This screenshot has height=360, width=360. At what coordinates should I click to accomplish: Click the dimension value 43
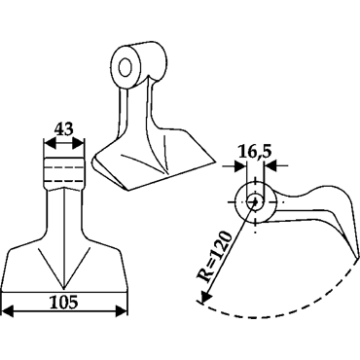63,129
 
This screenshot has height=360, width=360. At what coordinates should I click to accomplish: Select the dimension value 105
64,303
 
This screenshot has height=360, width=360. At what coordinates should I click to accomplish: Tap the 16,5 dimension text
254,151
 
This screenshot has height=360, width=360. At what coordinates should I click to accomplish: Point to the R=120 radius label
215,257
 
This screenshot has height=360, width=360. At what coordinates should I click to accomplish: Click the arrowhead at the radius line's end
205,297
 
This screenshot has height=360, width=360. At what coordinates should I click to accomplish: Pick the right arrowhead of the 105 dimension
122,310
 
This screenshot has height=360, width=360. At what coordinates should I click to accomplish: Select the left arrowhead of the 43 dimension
50,143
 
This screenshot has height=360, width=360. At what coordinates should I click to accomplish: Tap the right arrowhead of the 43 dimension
78,143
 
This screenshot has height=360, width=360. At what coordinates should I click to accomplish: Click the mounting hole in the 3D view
125,68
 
